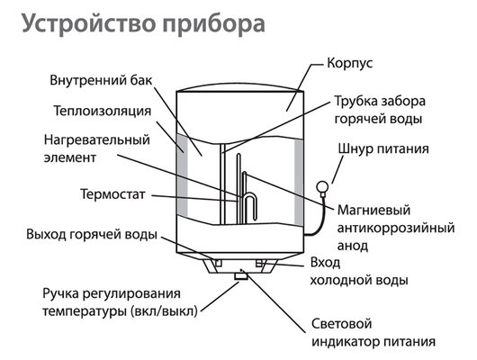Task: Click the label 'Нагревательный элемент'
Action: coord(85,149)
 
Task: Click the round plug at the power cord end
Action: coord(321,187)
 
